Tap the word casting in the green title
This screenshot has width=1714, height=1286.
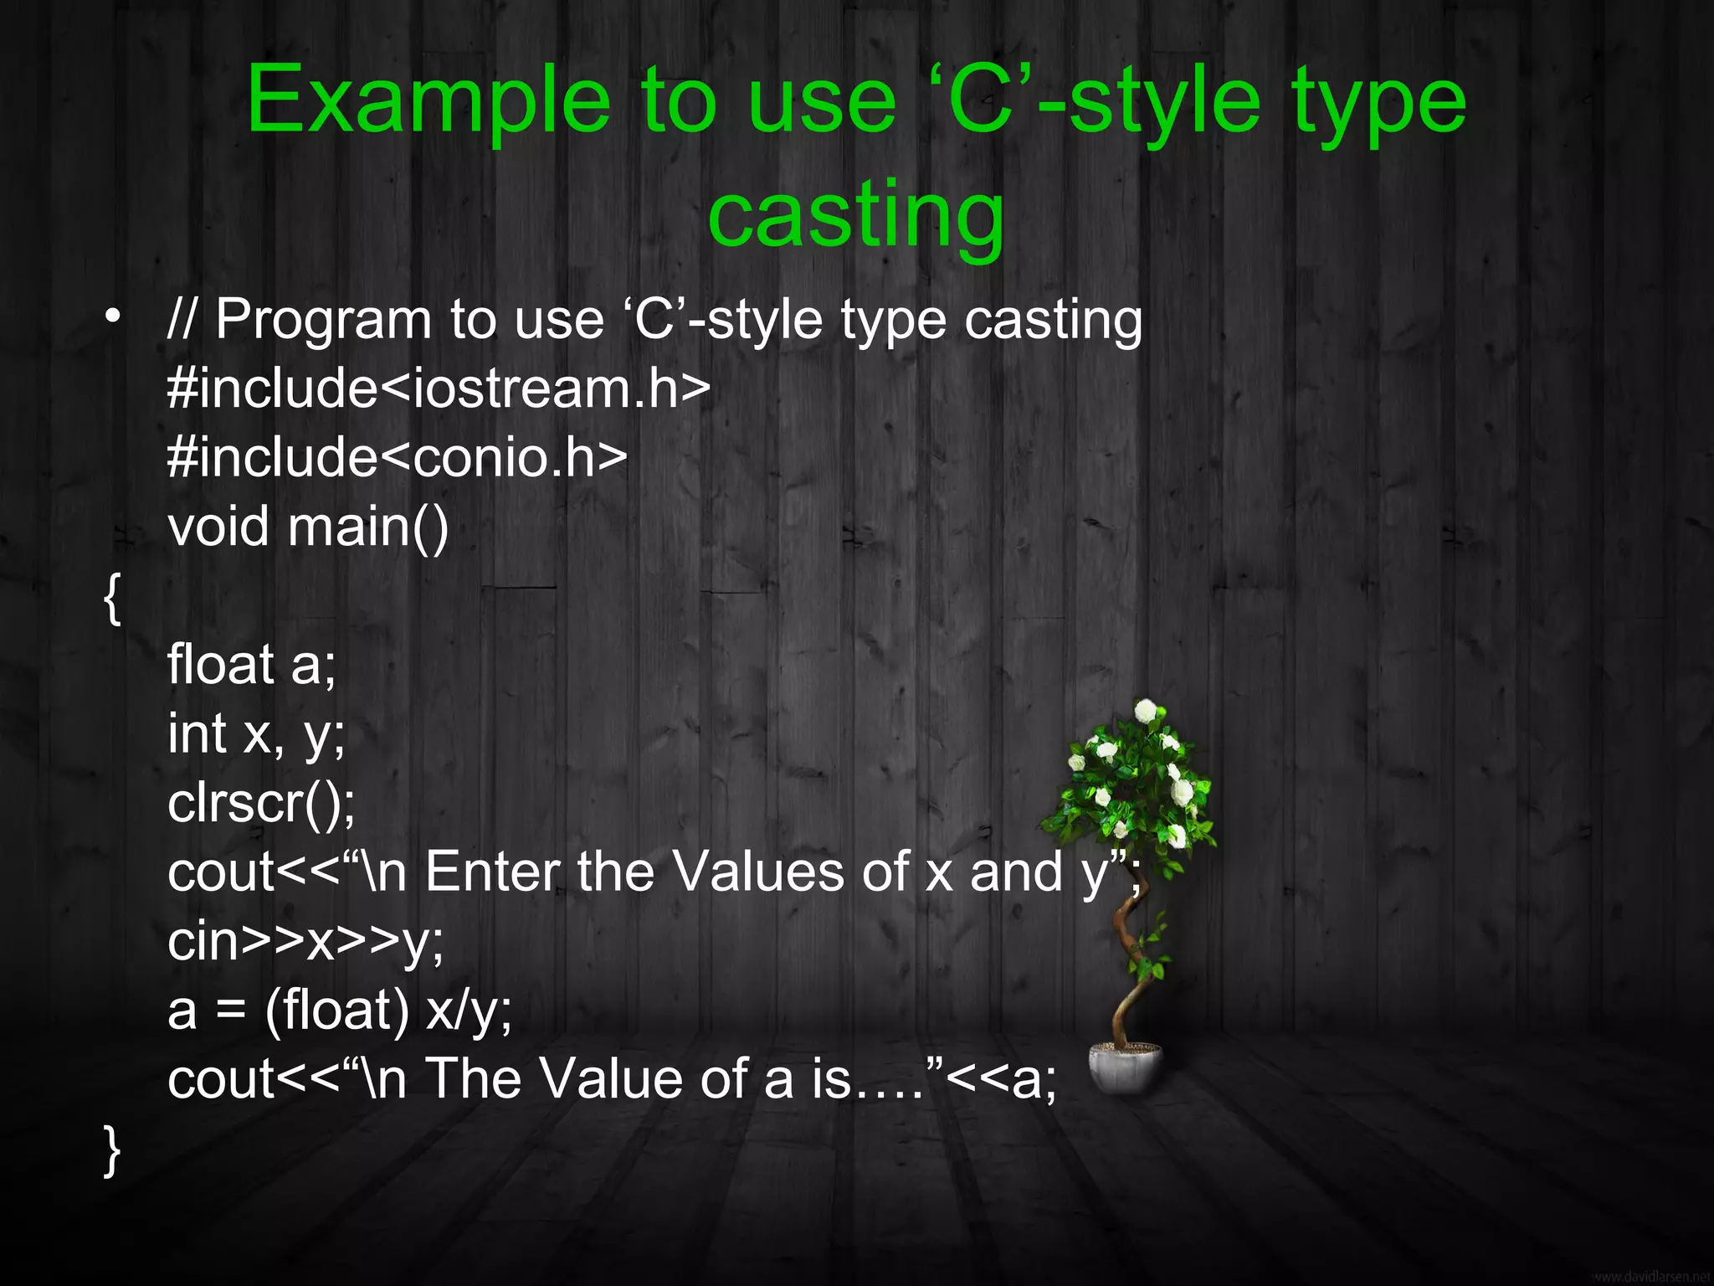click(855, 216)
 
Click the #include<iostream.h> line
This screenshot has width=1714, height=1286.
click(439, 388)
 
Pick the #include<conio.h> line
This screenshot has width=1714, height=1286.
click(397, 458)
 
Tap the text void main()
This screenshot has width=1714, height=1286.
click(308, 527)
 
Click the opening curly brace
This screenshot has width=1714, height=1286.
click(112, 598)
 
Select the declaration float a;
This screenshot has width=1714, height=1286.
click(251, 666)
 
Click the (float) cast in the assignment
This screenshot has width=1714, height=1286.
click(336, 1011)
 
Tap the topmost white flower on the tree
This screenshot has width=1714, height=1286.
click(1145, 711)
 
